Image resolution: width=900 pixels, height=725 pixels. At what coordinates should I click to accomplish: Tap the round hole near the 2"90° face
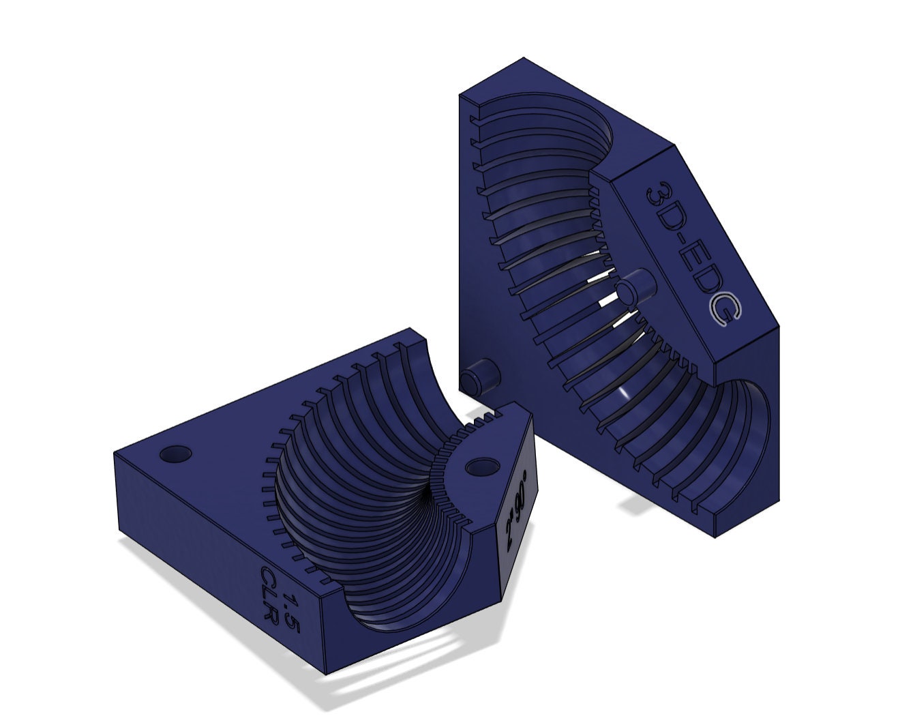pyautogui.click(x=483, y=467)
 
